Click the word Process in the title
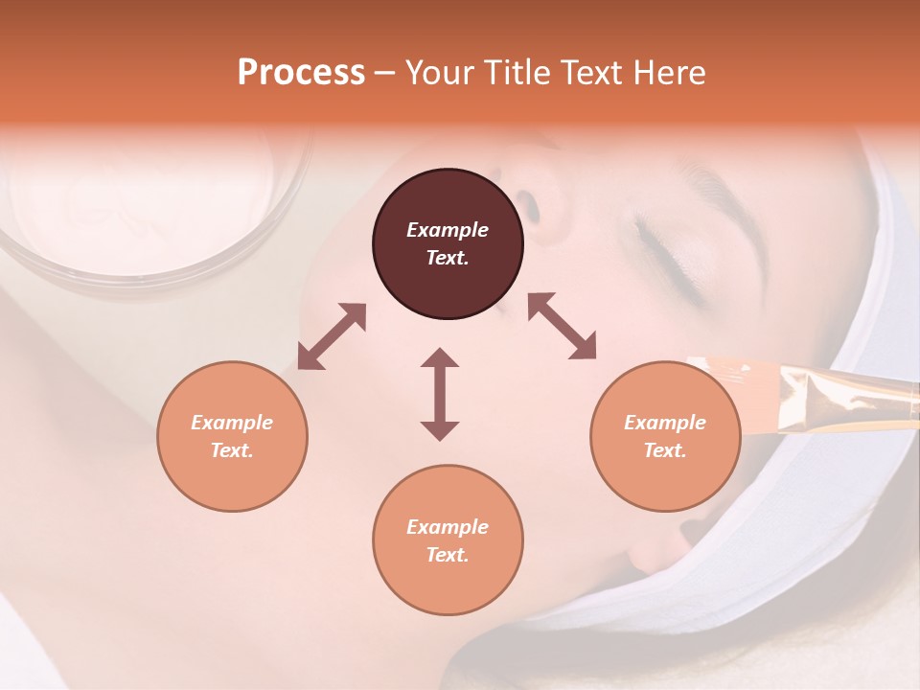pos(301,73)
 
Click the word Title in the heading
pos(517,73)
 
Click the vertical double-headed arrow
pos(440,394)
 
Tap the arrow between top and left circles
pos(332,336)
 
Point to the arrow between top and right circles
pos(563,327)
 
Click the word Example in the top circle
pos(448,230)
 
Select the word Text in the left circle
pos(232,450)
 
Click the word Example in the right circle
pos(665,423)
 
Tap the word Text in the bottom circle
pos(448,555)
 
